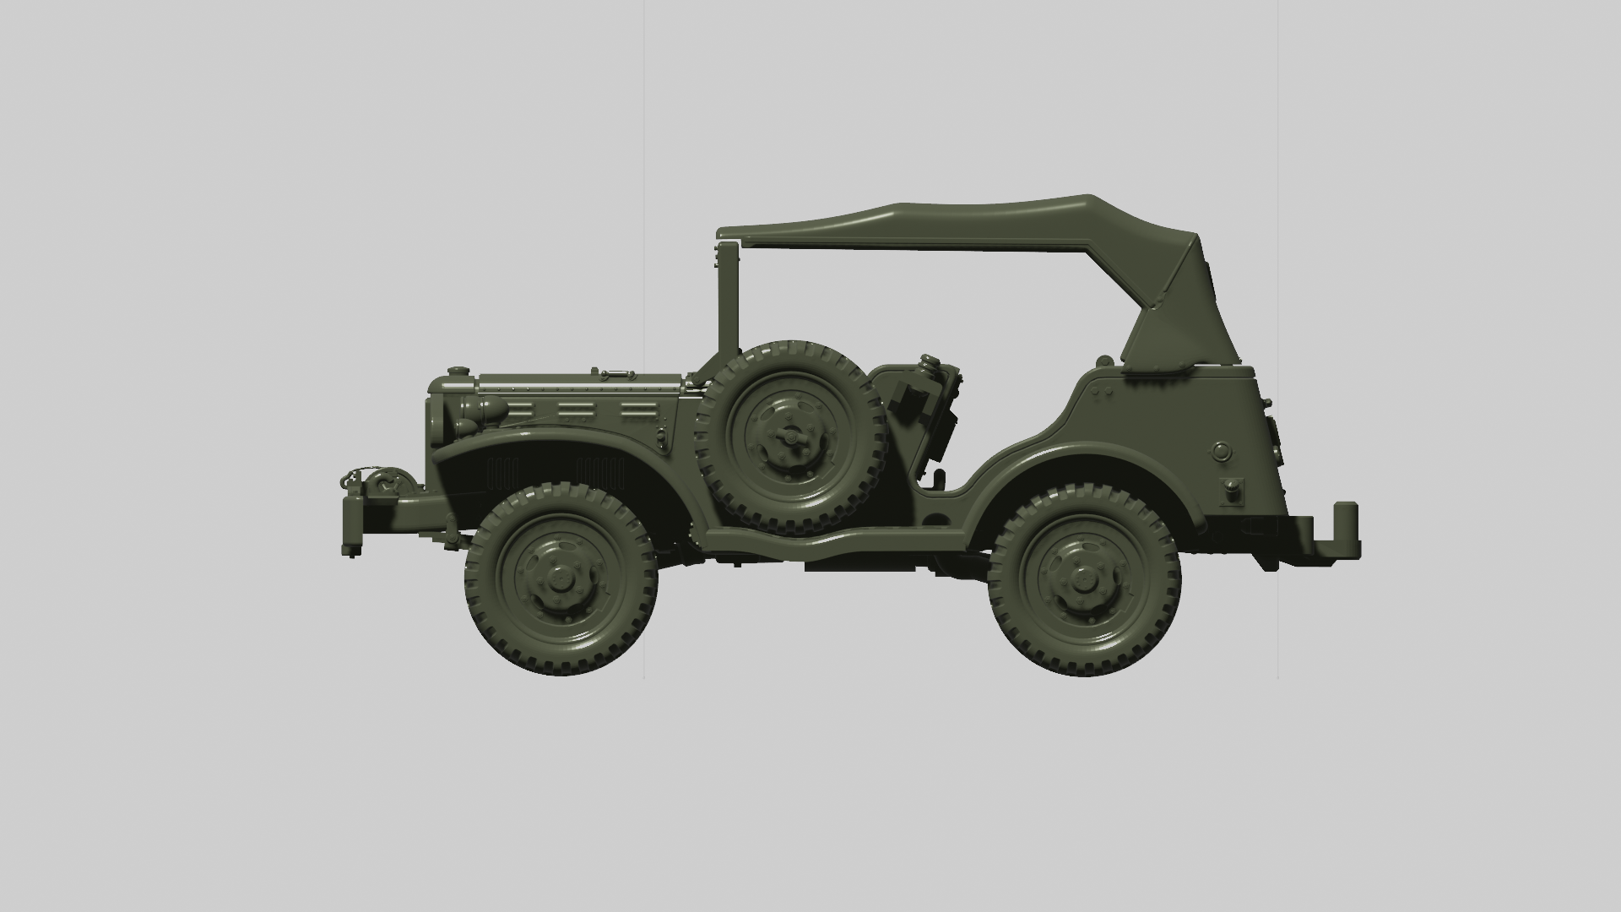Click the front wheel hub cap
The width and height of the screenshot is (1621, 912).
(559, 579)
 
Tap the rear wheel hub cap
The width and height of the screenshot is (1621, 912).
(1083, 579)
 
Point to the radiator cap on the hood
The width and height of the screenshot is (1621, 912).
(457, 372)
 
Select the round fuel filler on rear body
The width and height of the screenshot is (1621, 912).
(1222, 451)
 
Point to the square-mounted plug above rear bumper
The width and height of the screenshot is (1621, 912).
(1233, 491)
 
